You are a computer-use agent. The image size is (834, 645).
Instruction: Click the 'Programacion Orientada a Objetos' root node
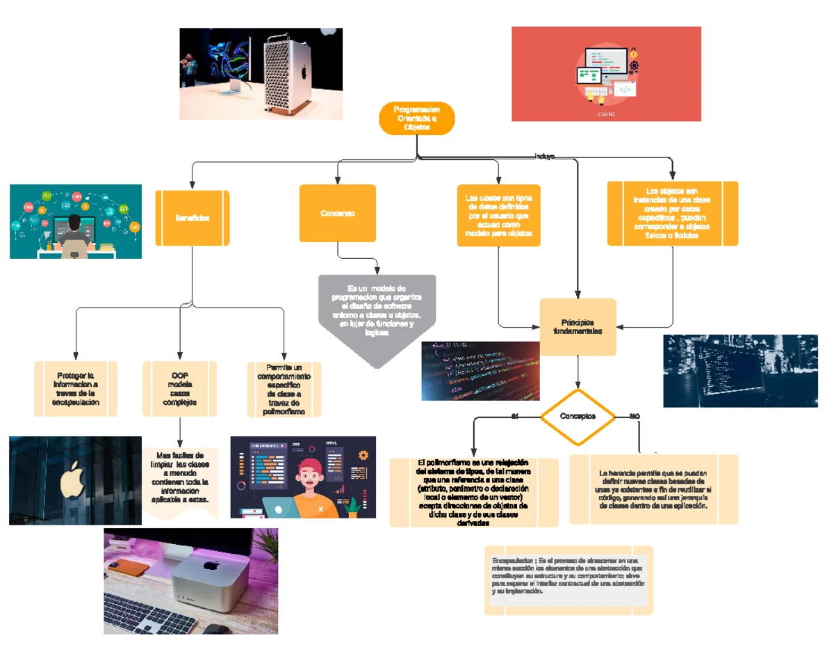point(416,118)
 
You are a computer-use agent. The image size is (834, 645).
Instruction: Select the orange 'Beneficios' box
point(193,218)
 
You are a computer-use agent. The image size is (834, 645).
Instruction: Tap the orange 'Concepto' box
point(337,214)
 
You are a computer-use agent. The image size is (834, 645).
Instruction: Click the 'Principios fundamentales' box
point(578,327)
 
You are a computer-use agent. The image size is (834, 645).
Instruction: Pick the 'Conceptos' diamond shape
point(578,417)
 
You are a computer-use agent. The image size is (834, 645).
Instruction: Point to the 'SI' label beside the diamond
point(515,416)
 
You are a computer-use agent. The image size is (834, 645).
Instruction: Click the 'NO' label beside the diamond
point(634,416)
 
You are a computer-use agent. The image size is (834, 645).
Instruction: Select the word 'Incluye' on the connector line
point(544,157)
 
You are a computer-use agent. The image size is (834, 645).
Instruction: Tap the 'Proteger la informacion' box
point(76,388)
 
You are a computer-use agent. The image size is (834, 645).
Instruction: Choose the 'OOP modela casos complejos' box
point(179,388)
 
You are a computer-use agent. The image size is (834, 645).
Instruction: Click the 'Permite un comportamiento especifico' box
point(284,389)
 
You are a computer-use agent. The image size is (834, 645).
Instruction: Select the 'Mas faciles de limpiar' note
point(180,480)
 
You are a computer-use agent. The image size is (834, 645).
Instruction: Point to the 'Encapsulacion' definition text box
point(569,580)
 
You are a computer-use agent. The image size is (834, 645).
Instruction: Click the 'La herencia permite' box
point(653,489)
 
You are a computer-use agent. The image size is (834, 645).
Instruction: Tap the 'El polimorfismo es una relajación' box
point(473,492)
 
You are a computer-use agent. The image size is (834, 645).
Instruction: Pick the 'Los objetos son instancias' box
point(672,214)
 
